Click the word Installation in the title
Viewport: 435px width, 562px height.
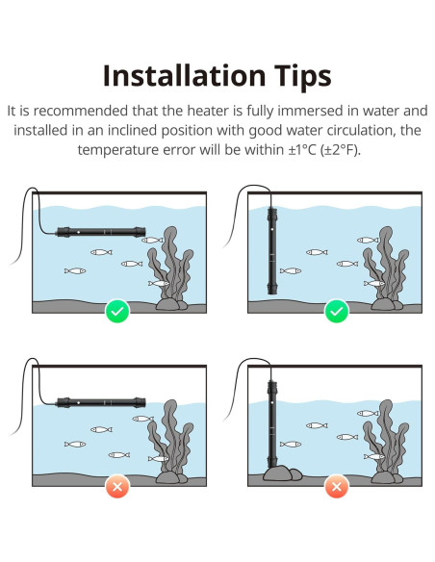184,75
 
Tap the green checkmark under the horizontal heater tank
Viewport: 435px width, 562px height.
117,311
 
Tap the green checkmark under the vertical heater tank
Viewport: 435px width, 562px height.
337,311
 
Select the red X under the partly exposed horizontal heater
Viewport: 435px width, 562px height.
117,486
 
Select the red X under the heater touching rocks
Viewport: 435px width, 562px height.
337,486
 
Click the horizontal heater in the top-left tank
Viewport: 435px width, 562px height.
101,232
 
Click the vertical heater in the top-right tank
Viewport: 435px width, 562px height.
272,250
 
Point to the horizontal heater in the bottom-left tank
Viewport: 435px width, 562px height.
101,402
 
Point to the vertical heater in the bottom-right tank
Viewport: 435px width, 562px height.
272,424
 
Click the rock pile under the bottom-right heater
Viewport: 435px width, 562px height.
282,473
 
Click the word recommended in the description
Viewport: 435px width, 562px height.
81,111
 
